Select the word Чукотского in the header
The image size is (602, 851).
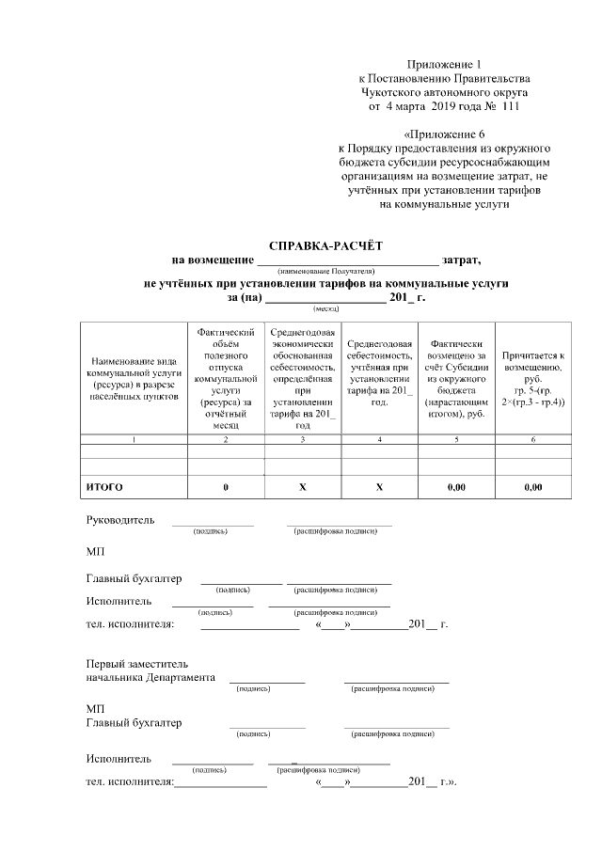click(x=395, y=93)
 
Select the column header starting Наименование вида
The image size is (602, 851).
click(x=134, y=377)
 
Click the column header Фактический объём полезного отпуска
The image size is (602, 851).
click(x=226, y=377)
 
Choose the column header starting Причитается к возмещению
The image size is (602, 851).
click(x=533, y=377)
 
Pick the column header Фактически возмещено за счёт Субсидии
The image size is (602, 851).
click(x=456, y=377)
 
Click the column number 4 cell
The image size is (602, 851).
click(x=379, y=440)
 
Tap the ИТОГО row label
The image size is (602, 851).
click(x=104, y=487)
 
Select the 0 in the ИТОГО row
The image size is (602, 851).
click(x=226, y=487)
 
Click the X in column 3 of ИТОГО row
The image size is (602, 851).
click(x=302, y=487)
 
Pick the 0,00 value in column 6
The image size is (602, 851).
click(x=533, y=487)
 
